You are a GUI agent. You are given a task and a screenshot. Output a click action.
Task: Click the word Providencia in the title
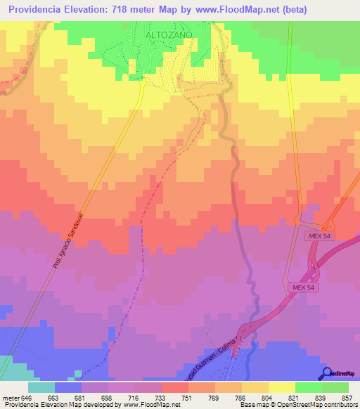(41, 9)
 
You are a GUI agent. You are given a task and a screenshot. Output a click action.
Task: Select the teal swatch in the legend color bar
(41, 387)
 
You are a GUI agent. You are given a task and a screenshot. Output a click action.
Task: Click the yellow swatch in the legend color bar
(282, 387)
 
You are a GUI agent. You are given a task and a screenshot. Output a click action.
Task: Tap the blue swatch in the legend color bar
(68, 387)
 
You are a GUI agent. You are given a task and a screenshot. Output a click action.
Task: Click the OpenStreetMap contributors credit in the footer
(317, 405)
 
